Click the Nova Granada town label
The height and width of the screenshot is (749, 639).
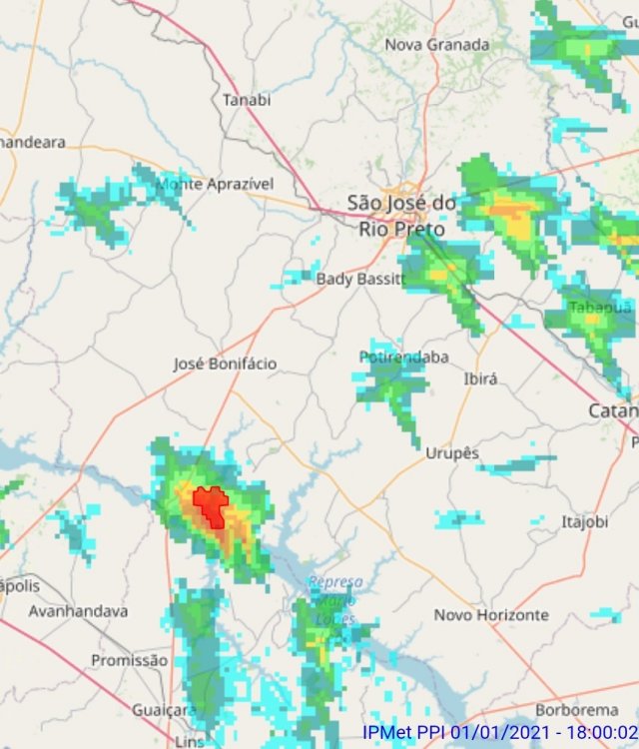click(437, 45)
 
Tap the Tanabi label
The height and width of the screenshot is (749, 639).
click(247, 100)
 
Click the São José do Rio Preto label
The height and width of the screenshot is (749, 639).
click(401, 216)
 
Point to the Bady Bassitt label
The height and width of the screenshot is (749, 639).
click(358, 279)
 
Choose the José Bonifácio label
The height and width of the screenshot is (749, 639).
click(225, 364)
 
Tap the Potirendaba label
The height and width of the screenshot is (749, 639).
click(403, 357)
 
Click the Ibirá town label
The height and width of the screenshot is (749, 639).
click(480, 379)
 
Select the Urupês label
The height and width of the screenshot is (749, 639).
click(452, 453)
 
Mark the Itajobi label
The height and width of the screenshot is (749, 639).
click(584, 521)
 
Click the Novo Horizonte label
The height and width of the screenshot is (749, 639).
click(490, 615)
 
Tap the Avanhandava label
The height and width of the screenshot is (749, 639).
click(79, 610)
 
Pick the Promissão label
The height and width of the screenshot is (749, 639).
click(130, 660)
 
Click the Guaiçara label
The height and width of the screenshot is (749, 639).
click(164, 710)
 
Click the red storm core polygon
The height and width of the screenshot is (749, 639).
click(211, 505)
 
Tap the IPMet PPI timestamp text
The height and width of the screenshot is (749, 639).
click(500, 734)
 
